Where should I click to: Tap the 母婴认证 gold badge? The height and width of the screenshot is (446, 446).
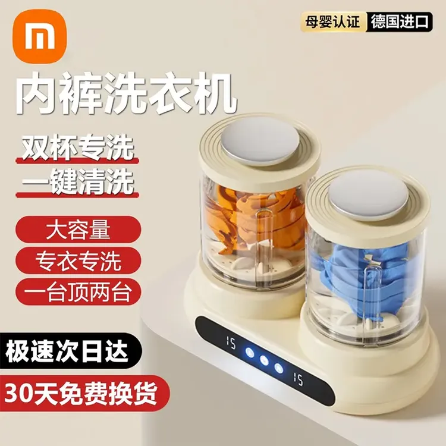click(333, 22)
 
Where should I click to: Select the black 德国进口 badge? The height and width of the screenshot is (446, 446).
click(400, 22)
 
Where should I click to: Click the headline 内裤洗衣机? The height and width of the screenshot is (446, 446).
click(125, 93)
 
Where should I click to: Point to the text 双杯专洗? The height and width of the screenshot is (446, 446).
click(77, 147)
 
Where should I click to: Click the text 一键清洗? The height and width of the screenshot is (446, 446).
click(77, 182)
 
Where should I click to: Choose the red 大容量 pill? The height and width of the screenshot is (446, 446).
click(78, 230)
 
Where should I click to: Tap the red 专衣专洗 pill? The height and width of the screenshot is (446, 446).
click(78, 260)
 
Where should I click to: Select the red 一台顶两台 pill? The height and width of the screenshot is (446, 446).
click(78, 292)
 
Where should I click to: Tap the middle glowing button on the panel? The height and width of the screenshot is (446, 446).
click(263, 360)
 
